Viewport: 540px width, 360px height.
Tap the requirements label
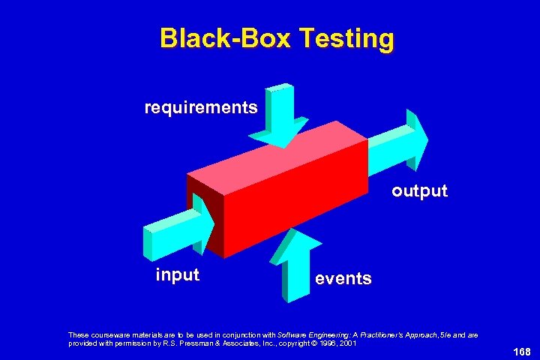click(x=201, y=107)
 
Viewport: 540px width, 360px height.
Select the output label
click(x=419, y=191)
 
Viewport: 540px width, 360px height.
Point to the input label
click(x=177, y=274)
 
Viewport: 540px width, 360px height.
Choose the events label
click(x=343, y=279)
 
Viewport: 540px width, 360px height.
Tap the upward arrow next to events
click(x=294, y=262)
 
